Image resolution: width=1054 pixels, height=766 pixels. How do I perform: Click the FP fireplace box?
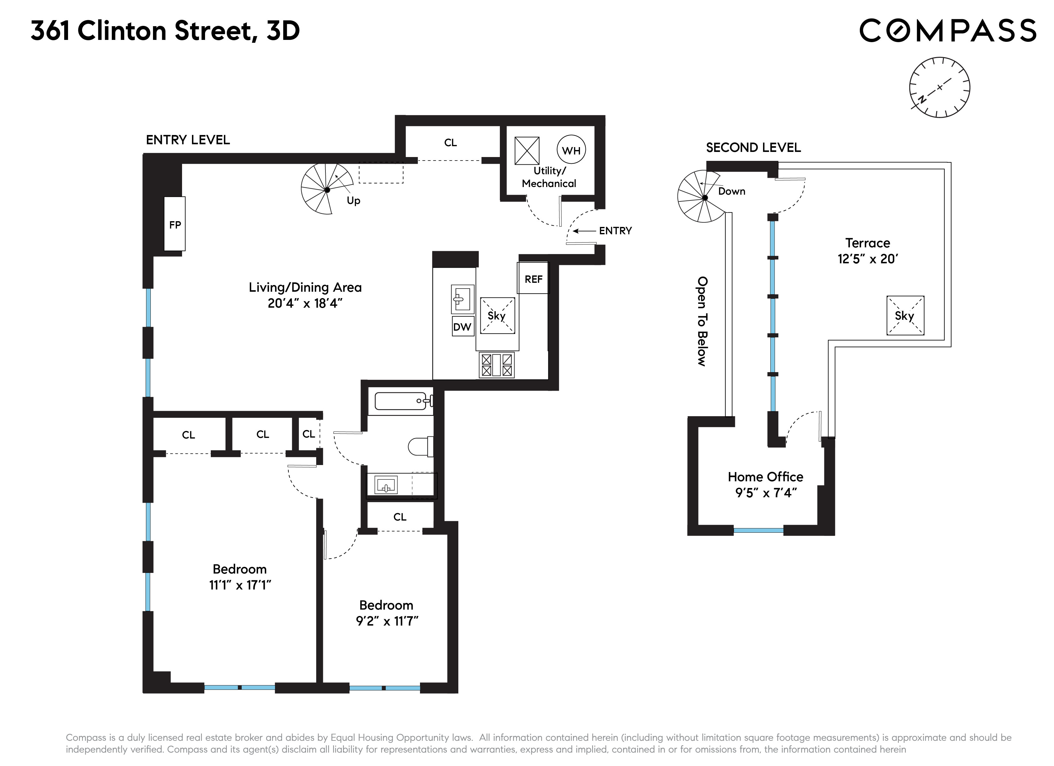(x=175, y=224)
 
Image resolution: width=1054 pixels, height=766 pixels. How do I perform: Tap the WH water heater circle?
(x=571, y=150)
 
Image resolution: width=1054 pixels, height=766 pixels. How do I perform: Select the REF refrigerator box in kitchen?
(x=533, y=279)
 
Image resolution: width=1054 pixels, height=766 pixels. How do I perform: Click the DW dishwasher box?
(x=462, y=327)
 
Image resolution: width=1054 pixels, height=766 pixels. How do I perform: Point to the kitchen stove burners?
(x=497, y=365)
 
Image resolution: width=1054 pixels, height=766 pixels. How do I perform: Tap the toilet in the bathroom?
(x=421, y=447)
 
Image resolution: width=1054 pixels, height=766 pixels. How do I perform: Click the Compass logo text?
(x=948, y=31)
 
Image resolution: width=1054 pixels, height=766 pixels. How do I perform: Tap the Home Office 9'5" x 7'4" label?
(x=765, y=484)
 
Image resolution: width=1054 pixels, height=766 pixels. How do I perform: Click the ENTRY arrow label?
(x=615, y=230)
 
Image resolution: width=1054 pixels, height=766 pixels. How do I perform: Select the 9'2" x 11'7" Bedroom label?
(x=386, y=613)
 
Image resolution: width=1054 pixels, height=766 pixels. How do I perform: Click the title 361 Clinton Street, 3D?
(x=165, y=31)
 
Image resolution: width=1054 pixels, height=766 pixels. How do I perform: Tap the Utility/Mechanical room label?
(x=549, y=177)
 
